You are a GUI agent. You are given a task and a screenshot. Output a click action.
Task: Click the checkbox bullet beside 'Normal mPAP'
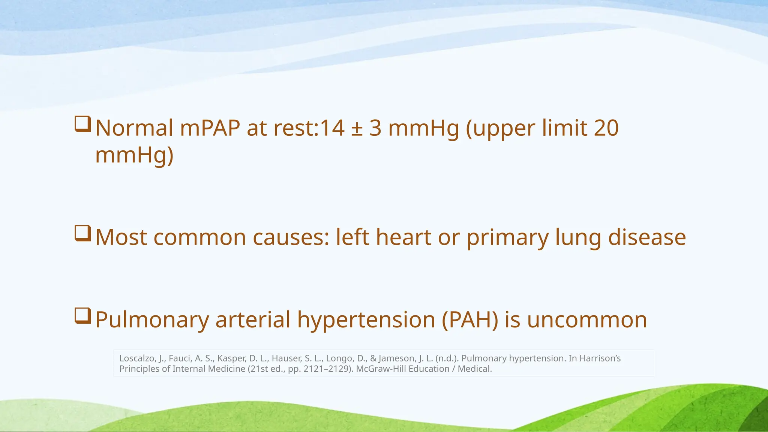point(82,124)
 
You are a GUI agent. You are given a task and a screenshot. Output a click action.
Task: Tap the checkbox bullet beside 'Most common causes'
point(82,233)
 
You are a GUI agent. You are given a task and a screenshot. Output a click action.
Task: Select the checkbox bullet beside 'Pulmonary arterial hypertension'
point(82,316)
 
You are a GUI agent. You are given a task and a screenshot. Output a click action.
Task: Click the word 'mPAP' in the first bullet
point(210,128)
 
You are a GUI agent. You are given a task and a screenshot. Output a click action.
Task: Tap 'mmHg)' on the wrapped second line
point(134,155)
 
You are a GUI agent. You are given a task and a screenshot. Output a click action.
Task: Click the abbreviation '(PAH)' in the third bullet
point(470,320)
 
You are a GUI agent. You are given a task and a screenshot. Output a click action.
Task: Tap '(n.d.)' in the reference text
point(447,358)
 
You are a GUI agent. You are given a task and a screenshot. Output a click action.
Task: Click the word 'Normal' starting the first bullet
point(134,128)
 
